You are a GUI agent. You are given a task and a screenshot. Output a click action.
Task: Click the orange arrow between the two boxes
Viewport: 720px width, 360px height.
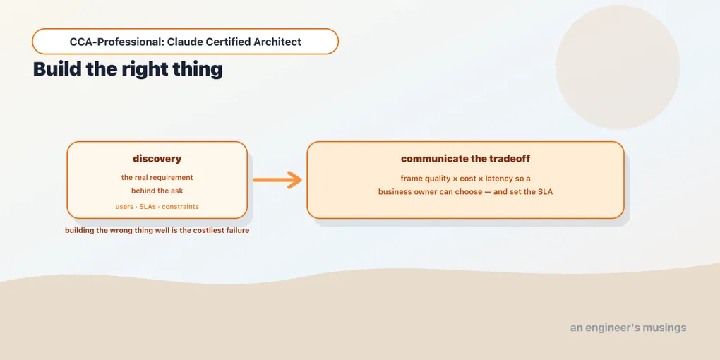click(x=277, y=179)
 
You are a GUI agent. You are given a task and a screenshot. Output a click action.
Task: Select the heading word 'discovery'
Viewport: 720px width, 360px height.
click(x=157, y=159)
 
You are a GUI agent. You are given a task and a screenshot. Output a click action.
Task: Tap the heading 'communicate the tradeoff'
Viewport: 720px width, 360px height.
click(x=465, y=159)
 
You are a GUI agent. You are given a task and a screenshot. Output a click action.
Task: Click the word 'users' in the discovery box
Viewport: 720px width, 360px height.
click(x=124, y=207)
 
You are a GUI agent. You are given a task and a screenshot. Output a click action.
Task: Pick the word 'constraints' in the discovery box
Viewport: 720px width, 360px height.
click(x=180, y=207)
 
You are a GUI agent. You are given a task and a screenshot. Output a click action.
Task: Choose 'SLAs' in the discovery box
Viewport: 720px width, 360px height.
click(x=148, y=207)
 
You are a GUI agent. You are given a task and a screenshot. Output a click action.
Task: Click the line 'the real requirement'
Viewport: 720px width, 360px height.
click(x=157, y=178)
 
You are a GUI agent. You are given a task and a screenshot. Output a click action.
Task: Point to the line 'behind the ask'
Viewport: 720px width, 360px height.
click(x=157, y=191)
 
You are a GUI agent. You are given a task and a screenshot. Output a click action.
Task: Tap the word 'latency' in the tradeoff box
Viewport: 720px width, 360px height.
click(x=505, y=179)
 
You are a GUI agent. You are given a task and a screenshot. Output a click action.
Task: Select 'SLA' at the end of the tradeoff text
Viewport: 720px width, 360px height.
click(x=545, y=192)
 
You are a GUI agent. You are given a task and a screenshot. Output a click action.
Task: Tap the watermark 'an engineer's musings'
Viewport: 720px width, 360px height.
click(x=628, y=328)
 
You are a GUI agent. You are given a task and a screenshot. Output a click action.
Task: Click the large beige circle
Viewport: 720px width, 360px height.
click(x=618, y=67)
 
